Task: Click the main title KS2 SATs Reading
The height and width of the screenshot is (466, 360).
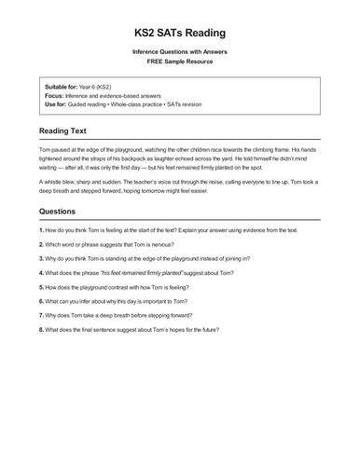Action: point(179,31)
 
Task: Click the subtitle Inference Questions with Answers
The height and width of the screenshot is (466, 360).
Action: point(179,52)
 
